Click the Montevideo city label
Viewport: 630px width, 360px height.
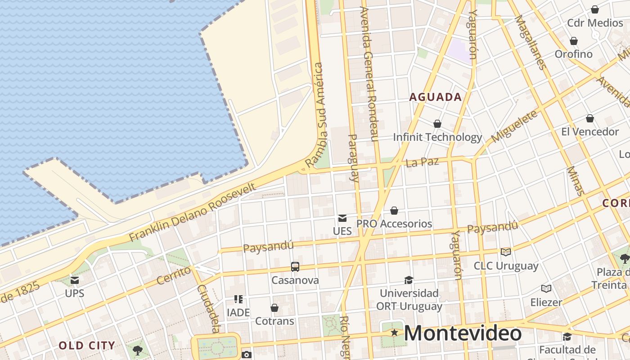pyautogui.click(x=463, y=333)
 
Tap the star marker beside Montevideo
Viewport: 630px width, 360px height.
pyautogui.click(x=394, y=333)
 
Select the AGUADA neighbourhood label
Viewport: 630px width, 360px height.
pyautogui.click(x=436, y=97)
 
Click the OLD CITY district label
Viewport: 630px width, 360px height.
pyautogui.click(x=87, y=346)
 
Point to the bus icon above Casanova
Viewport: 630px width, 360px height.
pyautogui.click(x=295, y=266)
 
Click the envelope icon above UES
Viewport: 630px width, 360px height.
pyautogui.click(x=342, y=218)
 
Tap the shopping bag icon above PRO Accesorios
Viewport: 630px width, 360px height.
pyautogui.click(x=394, y=210)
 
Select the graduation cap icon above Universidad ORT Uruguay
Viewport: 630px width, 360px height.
pyautogui.click(x=409, y=280)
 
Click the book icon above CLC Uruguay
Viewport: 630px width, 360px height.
pyautogui.click(x=506, y=252)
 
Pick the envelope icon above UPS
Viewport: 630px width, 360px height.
pyautogui.click(x=75, y=280)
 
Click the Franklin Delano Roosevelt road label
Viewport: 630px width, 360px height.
pyautogui.click(x=193, y=211)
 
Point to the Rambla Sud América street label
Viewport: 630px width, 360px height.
pyautogui.click(x=317, y=115)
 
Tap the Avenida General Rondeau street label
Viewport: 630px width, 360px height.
pyautogui.click(x=369, y=74)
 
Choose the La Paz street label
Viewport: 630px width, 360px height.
pyautogui.click(x=422, y=162)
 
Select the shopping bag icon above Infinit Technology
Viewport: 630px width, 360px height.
pyautogui.click(x=437, y=123)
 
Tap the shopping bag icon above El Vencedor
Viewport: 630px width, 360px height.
pyautogui.click(x=590, y=118)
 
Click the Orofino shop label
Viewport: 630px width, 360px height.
pyautogui.click(x=573, y=54)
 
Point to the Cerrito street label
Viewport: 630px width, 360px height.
pyautogui.click(x=174, y=275)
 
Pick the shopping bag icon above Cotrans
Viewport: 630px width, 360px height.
pyautogui.click(x=274, y=308)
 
